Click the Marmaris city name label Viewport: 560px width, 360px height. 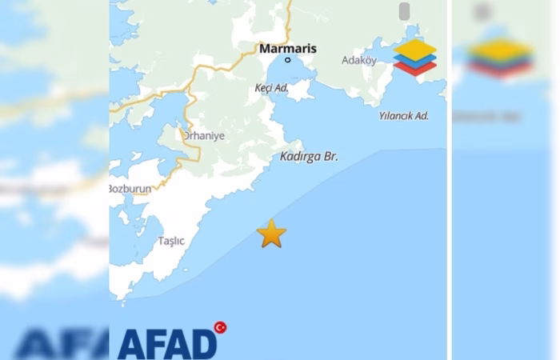[288, 49]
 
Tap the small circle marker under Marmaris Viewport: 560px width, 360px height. [288, 60]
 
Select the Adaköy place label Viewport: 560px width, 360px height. [358, 60]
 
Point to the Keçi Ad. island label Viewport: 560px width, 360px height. [271, 88]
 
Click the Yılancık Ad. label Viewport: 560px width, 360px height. [403, 116]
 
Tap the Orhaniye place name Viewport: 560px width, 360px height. [204, 136]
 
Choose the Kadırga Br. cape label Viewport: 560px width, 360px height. [309, 157]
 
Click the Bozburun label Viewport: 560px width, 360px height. [130, 189]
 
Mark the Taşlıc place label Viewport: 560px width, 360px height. [171, 241]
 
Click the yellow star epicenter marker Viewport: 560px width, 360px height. [271, 234]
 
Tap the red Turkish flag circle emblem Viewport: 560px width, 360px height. [220, 327]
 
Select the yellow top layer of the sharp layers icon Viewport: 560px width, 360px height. [414, 50]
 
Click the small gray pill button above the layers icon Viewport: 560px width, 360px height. [404, 11]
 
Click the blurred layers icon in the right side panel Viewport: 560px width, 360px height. [500, 56]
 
